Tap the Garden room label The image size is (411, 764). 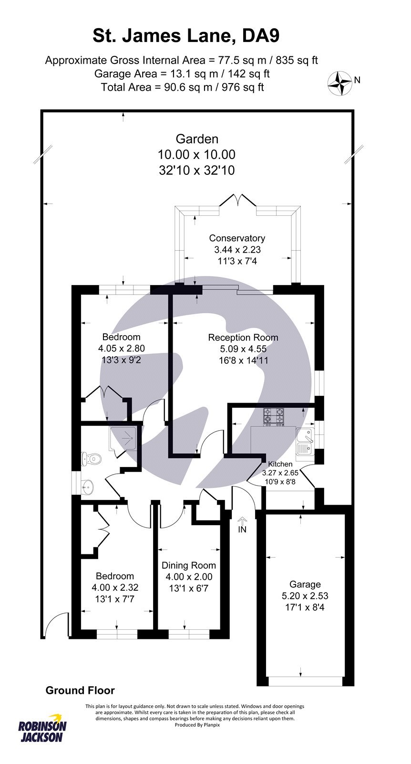tap(197, 139)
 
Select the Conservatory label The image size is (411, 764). tap(237, 238)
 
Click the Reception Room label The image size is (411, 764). tap(243, 338)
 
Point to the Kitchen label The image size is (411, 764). tap(280, 464)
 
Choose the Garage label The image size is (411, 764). tap(305, 584)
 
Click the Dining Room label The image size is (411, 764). tap(189, 565)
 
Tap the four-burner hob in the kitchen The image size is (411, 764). tap(273, 416)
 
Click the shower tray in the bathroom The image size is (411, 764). tap(124, 437)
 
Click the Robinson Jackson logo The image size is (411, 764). tap(42, 731)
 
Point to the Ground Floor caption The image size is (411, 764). tap(80, 690)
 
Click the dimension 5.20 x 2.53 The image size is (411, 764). tap(305, 596)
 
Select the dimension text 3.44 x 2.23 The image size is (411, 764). tap(237, 250)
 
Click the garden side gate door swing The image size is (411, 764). tap(55, 625)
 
